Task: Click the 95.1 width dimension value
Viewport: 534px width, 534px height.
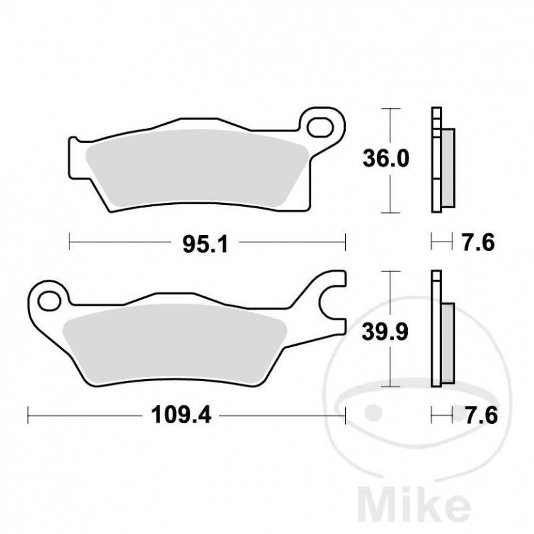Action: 206,245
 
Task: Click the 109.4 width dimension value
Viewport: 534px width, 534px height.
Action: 182,415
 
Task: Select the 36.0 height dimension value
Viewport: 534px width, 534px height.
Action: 385,159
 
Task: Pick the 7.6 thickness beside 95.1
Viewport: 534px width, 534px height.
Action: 478,242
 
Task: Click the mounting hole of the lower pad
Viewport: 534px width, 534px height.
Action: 48,300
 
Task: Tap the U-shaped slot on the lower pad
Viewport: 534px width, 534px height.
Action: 330,304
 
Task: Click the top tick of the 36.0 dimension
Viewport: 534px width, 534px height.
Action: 390,107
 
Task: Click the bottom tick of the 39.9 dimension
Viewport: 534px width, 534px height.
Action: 390,387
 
